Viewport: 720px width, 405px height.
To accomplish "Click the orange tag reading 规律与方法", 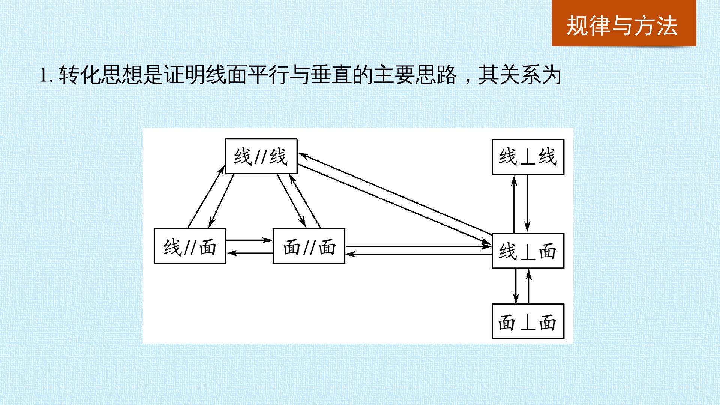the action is (624, 23).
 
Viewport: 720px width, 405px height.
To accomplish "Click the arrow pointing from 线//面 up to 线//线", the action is (206, 197).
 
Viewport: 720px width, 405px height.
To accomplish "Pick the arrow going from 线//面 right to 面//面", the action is (249, 240).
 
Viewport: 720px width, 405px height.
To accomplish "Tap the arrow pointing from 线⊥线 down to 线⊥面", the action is (527, 203).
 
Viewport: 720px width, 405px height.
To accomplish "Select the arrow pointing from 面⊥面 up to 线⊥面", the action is (529, 287).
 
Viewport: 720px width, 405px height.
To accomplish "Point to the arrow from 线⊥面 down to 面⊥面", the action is (516, 286).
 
